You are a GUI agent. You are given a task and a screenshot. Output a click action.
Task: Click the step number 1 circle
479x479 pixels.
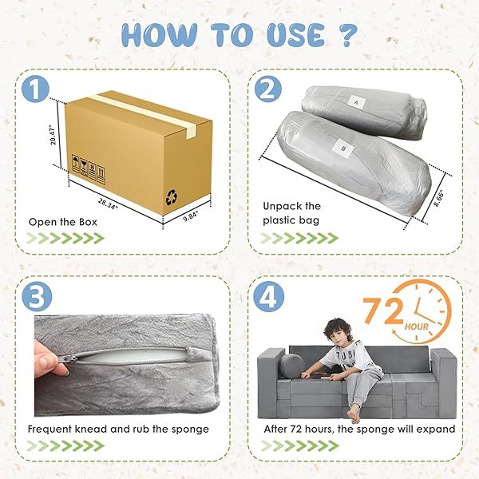[35, 89]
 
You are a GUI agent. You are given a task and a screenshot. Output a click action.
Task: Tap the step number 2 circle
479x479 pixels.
[268, 89]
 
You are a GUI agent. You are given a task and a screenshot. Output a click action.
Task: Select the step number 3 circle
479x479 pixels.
[37, 296]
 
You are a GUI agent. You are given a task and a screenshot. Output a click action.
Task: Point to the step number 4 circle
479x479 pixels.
[269, 296]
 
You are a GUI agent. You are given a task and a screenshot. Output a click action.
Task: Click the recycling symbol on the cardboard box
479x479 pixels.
[172, 197]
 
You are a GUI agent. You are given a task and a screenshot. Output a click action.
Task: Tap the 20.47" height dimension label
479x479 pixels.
[53, 136]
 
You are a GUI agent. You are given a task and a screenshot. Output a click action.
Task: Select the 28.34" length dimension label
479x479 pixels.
[108, 203]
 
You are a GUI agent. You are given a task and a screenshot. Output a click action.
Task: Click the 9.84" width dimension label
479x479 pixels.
[191, 217]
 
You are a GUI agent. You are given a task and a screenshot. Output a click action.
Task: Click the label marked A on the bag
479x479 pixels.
[356, 103]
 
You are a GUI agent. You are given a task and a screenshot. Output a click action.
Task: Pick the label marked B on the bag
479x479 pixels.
[342, 148]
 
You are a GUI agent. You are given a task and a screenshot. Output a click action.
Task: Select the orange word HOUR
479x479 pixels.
[417, 327]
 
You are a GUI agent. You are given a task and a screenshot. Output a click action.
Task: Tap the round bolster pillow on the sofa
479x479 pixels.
[291, 366]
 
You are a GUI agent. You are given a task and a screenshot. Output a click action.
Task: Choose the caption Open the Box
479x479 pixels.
[62, 222]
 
